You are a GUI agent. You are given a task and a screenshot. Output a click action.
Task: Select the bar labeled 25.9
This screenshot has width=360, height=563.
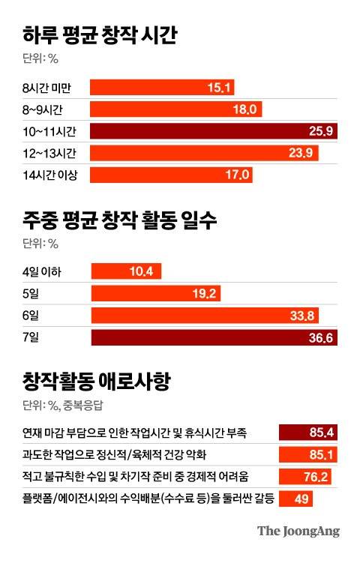[x=214, y=131]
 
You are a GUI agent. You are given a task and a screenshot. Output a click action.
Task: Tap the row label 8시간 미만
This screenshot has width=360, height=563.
[x=50, y=88]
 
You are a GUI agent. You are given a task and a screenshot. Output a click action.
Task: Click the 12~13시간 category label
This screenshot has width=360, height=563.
[x=55, y=153]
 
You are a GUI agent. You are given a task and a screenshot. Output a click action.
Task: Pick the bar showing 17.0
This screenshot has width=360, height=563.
[x=172, y=175]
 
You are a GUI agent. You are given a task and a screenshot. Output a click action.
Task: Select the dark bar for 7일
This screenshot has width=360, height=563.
[x=214, y=337]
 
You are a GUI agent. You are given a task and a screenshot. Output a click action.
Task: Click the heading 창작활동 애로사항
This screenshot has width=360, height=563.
[x=98, y=383]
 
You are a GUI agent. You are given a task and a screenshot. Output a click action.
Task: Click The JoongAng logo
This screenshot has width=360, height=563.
[x=298, y=532]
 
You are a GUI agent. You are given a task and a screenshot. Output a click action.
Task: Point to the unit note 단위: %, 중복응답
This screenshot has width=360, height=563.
[x=65, y=406]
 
